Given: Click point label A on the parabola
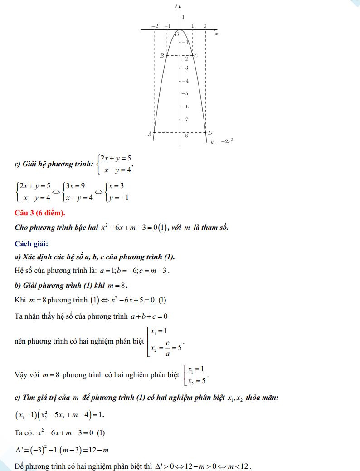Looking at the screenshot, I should (150, 134).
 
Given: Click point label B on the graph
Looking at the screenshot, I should (161, 56).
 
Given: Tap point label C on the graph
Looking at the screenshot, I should (196, 56).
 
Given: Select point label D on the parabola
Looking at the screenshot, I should (210, 133).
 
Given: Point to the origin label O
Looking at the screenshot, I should (177, 34).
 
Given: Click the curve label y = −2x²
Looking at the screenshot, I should (222, 141).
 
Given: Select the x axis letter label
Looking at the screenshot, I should (216, 34).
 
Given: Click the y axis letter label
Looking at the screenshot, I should (175, 5).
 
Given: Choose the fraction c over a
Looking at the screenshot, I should (168, 348).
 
